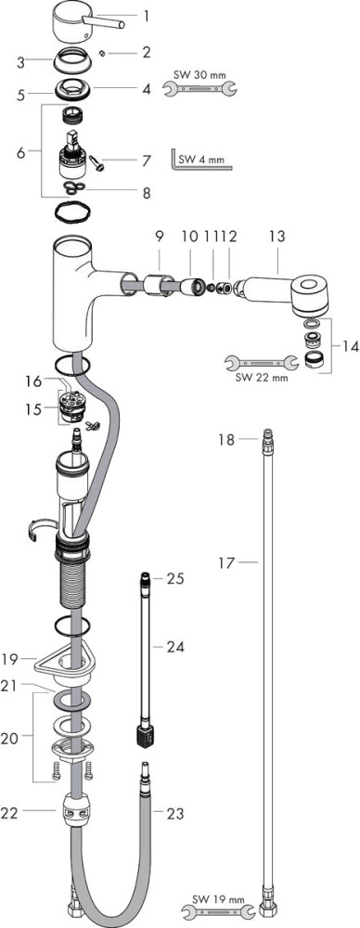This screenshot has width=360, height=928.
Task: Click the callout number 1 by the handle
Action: pyautogui.click(x=147, y=16)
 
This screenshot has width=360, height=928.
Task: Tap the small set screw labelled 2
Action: pyautogui.click(x=102, y=54)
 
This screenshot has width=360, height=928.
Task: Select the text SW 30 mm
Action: pyautogui.click(x=199, y=75)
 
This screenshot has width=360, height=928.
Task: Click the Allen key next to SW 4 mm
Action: pyautogui.click(x=200, y=161)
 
